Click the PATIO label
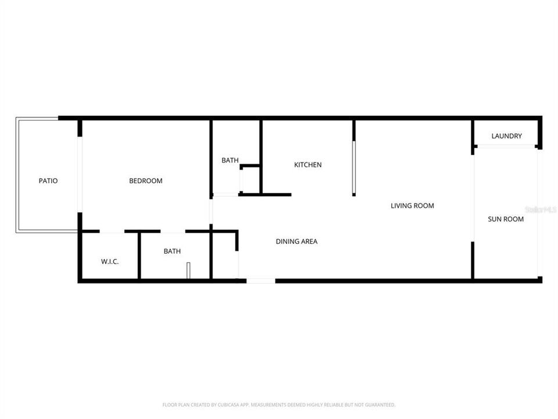[48, 180]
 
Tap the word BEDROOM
[145, 181]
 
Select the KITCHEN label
[307, 165]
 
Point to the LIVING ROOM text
[412, 205]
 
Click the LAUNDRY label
[506, 136]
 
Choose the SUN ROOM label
[505, 219]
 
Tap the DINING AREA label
[296, 241]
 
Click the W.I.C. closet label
[110, 262]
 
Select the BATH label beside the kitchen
[230, 160]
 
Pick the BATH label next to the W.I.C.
[172, 251]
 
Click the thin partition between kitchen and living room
[353, 158]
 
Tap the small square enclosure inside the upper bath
[251, 180]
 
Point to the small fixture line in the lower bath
[189, 271]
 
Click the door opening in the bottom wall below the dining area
[261, 281]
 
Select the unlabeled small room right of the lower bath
[224, 256]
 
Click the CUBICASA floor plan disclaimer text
[279, 404]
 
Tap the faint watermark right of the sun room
[541, 208]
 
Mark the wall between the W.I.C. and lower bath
[139, 256]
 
